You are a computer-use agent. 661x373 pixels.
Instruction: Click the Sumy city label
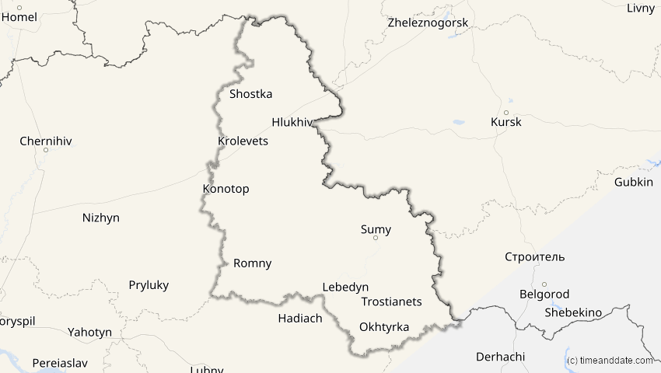point(376,229)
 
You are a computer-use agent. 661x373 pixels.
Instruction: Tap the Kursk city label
point(506,122)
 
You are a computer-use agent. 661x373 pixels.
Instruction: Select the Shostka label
point(251,94)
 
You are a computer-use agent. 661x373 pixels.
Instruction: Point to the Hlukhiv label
point(292,122)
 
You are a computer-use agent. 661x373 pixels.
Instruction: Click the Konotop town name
point(226,189)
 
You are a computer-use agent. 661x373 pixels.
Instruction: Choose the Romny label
point(253,263)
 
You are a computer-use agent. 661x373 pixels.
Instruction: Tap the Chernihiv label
point(45,141)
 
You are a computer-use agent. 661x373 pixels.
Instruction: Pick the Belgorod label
point(544,295)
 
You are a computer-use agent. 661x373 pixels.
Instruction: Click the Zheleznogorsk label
point(428,23)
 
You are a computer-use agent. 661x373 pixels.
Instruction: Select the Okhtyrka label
point(384,327)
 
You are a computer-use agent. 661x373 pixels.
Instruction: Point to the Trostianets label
point(391,302)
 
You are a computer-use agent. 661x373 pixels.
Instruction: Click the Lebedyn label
point(345,287)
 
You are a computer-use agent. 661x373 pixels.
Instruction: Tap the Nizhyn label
point(101,218)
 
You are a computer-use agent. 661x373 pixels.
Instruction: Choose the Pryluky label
point(149,285)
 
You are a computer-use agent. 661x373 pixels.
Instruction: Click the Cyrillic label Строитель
point(535,257)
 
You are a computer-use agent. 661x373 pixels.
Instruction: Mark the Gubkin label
point(634,182)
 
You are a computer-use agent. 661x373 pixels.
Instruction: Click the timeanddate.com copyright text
point(610,361)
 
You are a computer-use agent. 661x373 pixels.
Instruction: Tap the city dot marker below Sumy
point(376,239)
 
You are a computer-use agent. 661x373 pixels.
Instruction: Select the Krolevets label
point(243,141)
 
